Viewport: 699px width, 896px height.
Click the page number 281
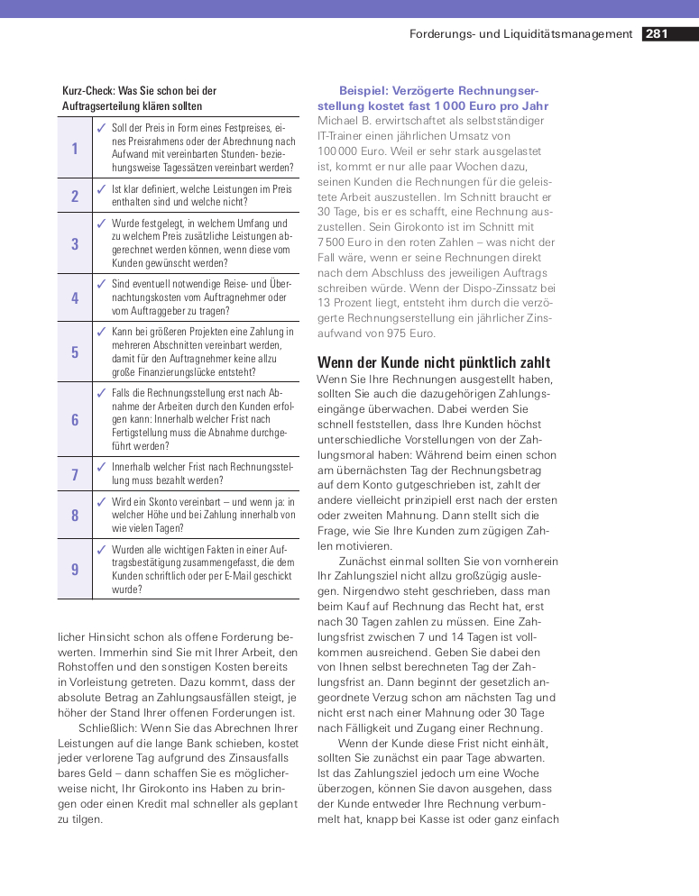657,34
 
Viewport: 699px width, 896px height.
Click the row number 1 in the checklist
75,148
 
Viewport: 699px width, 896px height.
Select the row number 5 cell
75,352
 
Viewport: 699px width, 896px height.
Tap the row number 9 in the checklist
75,569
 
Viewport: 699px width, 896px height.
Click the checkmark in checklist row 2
101,189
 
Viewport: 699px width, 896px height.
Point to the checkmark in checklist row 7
101,467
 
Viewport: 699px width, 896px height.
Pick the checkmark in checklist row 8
101,501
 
